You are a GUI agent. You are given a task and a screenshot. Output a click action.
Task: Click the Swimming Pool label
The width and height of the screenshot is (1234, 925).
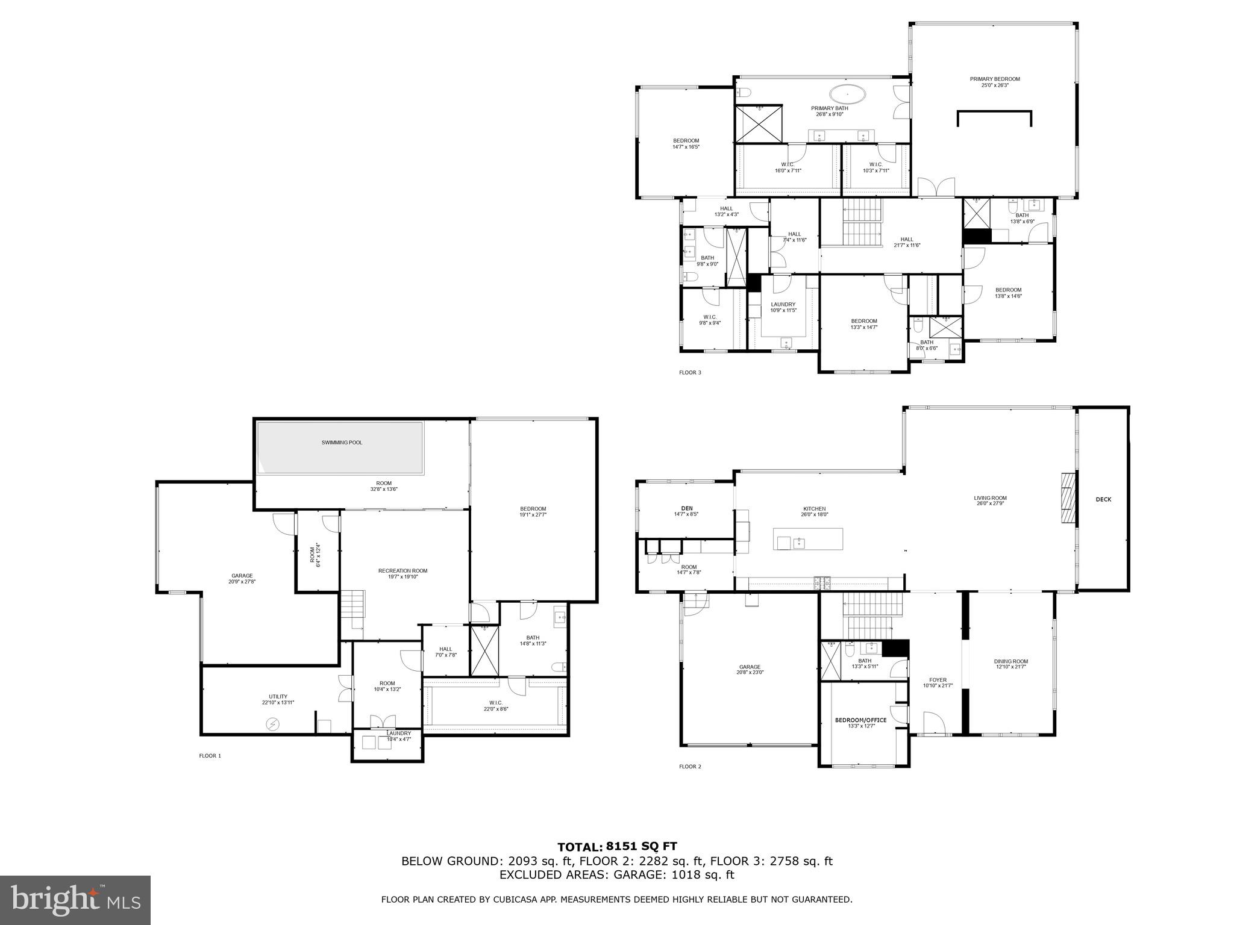coord(342,443)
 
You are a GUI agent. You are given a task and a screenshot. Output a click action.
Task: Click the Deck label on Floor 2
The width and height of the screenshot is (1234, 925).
coord(1103,499)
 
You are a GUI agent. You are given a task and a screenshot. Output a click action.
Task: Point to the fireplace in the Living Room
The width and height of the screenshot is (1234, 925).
coord(1068,499)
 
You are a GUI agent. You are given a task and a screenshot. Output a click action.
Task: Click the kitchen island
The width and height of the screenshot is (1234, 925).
coord(807,538)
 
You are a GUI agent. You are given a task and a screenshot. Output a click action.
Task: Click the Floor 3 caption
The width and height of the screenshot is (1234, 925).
coord(690,373)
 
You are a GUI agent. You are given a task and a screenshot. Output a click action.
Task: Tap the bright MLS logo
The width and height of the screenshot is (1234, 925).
coord(75,900)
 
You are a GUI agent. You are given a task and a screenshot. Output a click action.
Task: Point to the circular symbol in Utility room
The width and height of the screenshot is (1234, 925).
coord(272,723)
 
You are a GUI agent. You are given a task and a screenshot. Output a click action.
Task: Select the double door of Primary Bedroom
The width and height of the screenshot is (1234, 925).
coord(936,188)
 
